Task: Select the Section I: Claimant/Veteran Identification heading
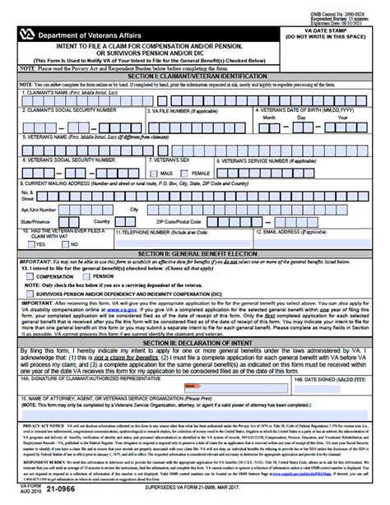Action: (x=195, y=76)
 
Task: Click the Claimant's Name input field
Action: (x=195, y=100)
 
